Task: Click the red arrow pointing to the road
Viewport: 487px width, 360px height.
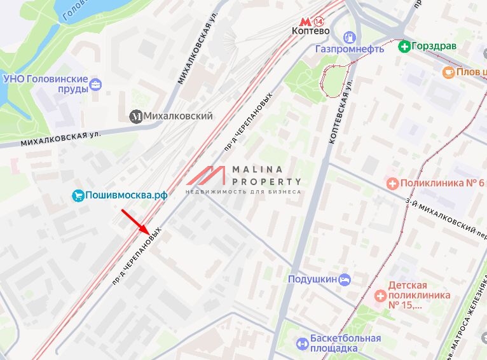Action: click(135, 220)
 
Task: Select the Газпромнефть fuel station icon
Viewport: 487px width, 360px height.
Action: click(348, 37)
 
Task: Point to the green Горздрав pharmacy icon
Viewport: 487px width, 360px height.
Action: click(404, 46)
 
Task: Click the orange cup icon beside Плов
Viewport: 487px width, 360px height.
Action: click(448, 73)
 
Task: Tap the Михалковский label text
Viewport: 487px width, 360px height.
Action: click(178, 116)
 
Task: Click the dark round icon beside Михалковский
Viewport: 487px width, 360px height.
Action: click(136, 116)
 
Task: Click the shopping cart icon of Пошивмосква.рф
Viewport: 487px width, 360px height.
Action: click(78, 195)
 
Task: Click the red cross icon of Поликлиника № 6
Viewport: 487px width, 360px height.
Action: click(392, 184)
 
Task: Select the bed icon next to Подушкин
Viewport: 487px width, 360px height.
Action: click(345, 279)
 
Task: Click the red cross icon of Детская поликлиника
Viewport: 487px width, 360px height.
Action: click(380, 295)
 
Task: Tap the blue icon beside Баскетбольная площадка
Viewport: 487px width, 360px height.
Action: click(302, 343)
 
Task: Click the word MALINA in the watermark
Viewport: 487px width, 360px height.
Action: click(257, 169)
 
